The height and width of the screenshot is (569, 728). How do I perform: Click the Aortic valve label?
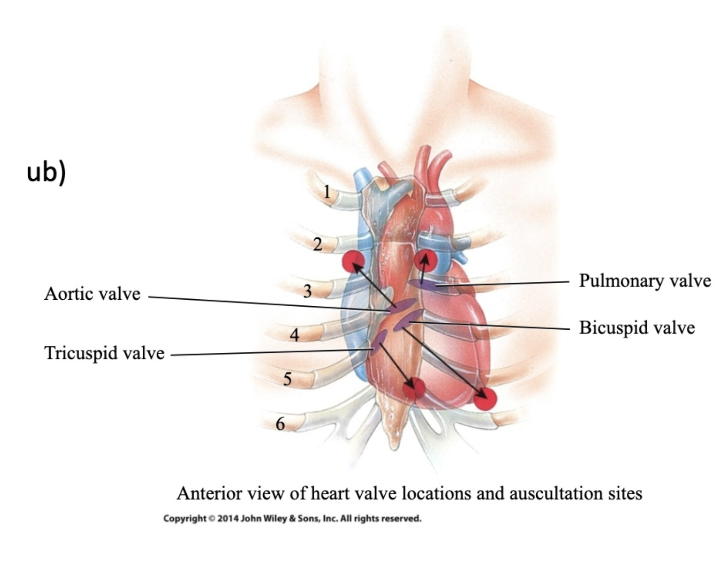(x=92, y=294)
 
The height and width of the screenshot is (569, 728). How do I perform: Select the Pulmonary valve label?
(x=645, y=281)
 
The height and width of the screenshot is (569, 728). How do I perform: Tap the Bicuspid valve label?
(x=637, y=327)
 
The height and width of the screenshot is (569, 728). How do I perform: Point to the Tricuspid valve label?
(x=104, y=353)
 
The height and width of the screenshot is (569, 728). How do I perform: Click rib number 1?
(x=327, y=192)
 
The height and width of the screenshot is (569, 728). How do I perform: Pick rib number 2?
(x=318, y=244)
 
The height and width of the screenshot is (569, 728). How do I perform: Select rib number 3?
(x=308, y=291)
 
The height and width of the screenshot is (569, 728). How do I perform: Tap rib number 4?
(x=294, y=335)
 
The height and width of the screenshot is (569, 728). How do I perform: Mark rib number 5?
(x=287, y=379)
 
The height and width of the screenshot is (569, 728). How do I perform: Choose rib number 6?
(x=280, y=424)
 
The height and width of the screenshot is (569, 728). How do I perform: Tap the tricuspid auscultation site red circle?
(x=414, y=388)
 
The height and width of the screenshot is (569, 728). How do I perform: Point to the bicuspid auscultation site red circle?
(x=485, y=399)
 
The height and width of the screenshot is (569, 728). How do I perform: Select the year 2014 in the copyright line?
(x=228, y=519)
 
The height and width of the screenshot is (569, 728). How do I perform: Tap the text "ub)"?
(x=46, y=173)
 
